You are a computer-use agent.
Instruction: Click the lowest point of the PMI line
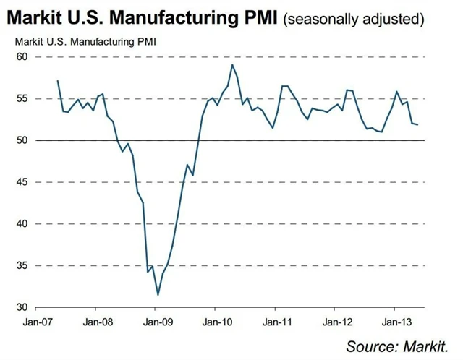pyautogui.click(x=158, y=295)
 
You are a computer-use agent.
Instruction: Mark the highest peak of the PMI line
pyautogui.click(x=232, y=65)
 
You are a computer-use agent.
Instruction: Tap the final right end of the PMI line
pyautogui.click(x=417, y=125)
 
